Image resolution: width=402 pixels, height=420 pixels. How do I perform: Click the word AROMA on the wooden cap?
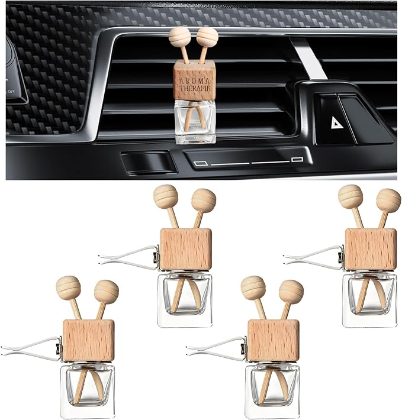pyautogui.click(x=195, y=81)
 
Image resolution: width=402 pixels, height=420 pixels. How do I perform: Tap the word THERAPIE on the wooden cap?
pyautogui.click(x=195, y=88)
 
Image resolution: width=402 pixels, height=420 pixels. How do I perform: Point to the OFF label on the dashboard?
pyautogui.click(x=11, y=91)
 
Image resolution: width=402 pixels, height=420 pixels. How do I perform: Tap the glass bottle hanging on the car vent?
pyautogui.click(x=195, y=122)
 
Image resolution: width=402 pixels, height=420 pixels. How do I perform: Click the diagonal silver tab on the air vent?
pyautogui.click(x=308, y=59)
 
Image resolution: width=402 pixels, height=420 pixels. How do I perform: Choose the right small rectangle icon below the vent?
pyautogui.click(x=297, y=160)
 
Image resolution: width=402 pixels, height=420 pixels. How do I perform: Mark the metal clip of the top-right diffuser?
pyautogui.click(x=314, y=256)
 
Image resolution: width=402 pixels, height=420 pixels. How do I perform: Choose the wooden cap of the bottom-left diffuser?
pyautogui.click(x=89, y=341)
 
